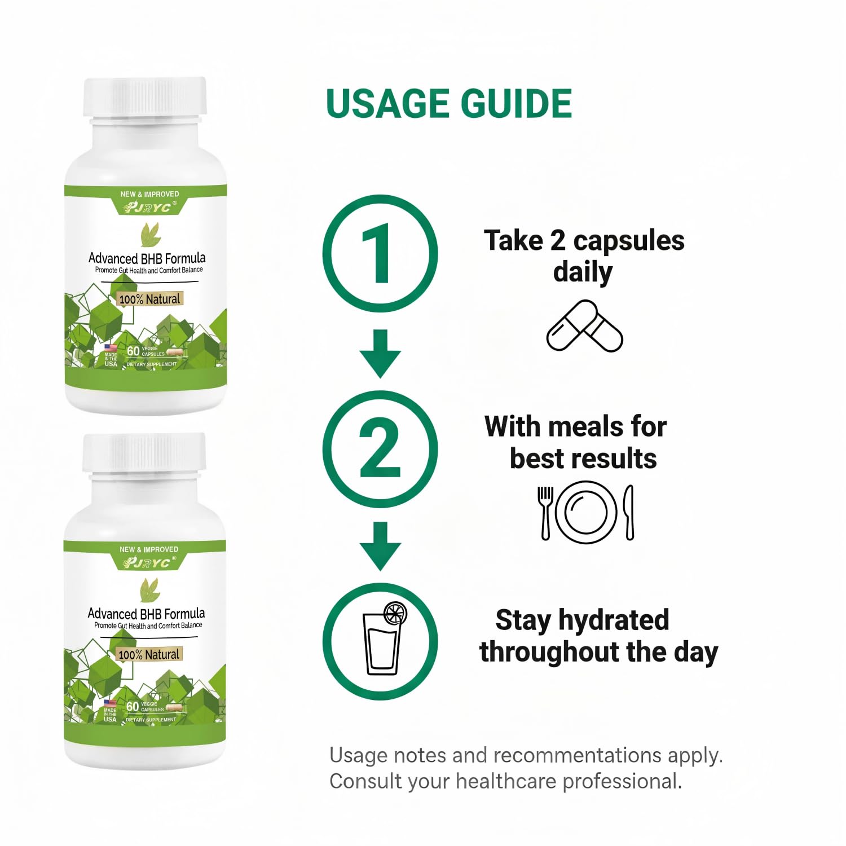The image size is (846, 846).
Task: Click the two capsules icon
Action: pos(585,326)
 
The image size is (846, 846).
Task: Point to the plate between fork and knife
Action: pos(586,512)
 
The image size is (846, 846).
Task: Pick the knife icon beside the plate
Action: pos(629,512)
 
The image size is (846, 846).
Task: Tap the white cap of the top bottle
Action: pos(146,97)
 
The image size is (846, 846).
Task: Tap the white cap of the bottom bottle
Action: pos(144,452)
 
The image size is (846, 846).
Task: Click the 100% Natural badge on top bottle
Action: pos(150,299)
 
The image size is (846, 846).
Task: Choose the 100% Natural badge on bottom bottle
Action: pos(149,654)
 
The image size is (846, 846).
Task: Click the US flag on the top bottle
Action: pos(111,348)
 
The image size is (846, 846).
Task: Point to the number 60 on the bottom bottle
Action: pos(133,706)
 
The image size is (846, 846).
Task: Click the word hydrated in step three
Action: pos(614,620)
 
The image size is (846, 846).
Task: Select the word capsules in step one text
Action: pos(629,241)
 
